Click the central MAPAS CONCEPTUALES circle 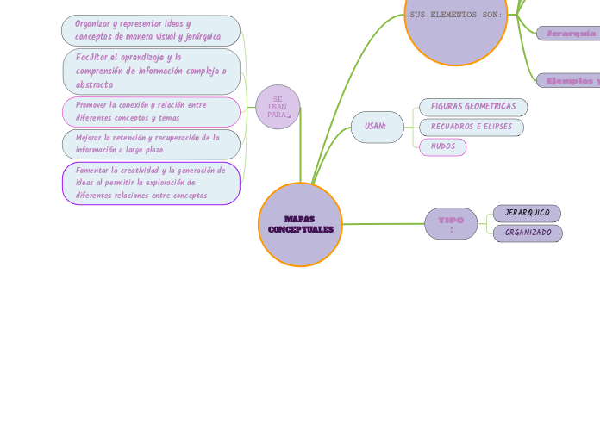(x=300, y=225)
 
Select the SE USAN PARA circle (x=278, y=108)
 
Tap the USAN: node (x=377, y=127)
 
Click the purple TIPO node (x=451, y=224)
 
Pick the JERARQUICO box (x=527, y=213)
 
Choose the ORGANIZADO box (x=528, y=233)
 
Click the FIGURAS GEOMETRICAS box (x=473, y=107)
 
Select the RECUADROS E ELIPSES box (x=472, y=127)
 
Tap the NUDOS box (x=443, y=146)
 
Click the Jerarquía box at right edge (x=569, y=34)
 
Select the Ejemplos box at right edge (x=569, y=80)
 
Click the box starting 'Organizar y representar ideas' (x=151, y=30)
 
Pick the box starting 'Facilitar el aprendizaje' (x=151, y=71)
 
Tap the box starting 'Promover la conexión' (x=151, y=111)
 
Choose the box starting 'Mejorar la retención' (x=151, y=144)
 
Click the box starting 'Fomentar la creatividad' (x=151, y=183)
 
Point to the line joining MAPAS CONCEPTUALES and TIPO (x=384, y=224)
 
